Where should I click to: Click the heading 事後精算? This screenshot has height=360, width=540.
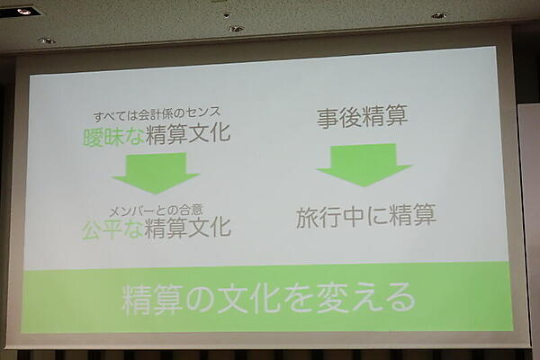click(364, 118)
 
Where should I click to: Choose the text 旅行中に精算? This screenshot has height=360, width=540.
click(365, 216)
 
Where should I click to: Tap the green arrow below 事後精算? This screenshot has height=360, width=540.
click(364, 165)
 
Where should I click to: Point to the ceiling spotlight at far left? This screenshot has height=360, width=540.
click(24, 12)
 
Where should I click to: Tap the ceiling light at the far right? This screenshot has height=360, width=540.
click(438, 15)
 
